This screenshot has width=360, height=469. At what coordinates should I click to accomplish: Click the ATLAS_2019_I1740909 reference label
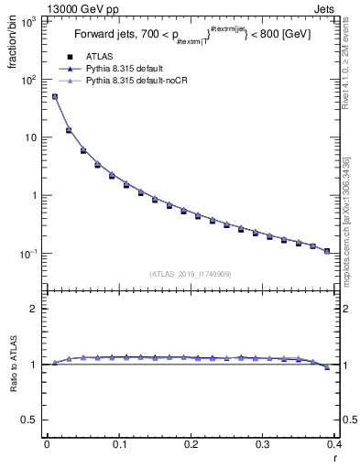coord(191,273)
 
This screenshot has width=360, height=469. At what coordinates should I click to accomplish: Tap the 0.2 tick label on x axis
coord(191,444)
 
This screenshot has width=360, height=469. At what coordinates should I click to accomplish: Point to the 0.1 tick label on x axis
coord(119,444)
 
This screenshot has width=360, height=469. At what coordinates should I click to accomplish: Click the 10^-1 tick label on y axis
coord(28,253)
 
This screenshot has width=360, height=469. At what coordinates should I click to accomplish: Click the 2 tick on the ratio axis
coord(33,309)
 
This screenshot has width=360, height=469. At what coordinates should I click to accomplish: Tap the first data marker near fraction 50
coord(54,96)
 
